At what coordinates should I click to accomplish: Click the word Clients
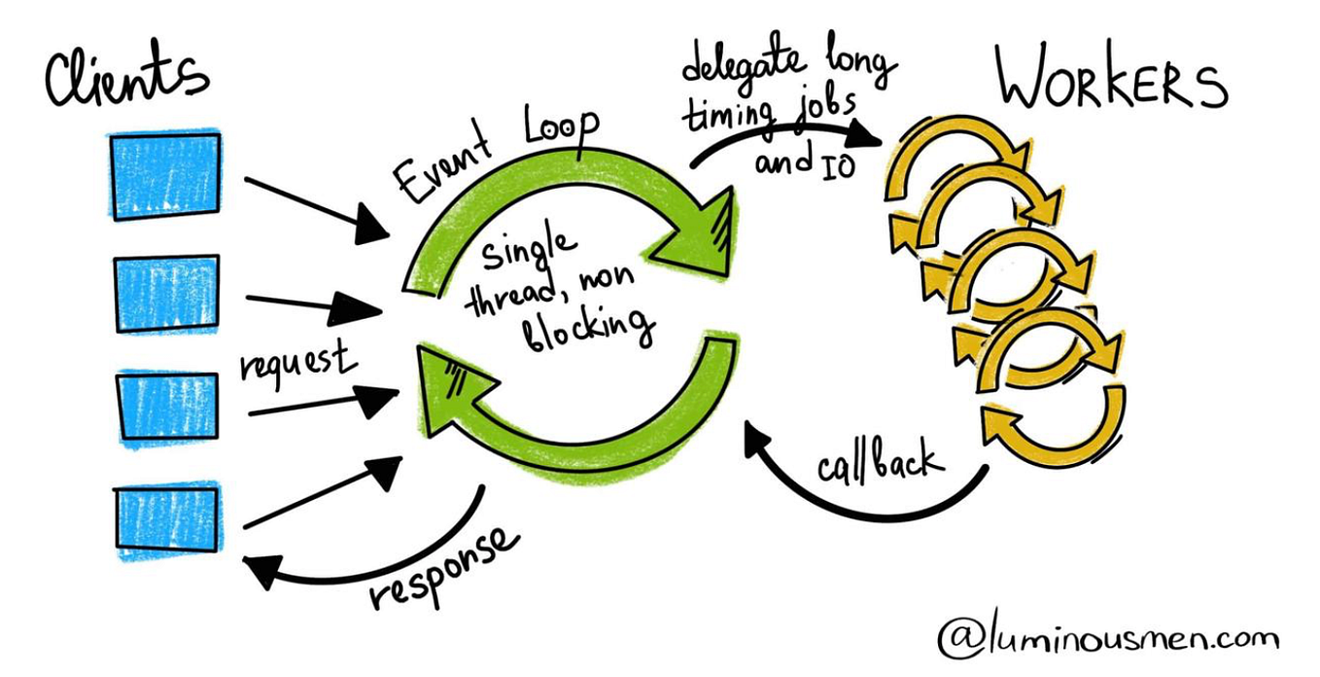tap(126, 78)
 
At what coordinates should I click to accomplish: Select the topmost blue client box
tap(165, 175)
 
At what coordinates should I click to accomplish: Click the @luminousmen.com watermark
tap(1108, 638)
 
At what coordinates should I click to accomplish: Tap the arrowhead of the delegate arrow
tap(870, 137)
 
